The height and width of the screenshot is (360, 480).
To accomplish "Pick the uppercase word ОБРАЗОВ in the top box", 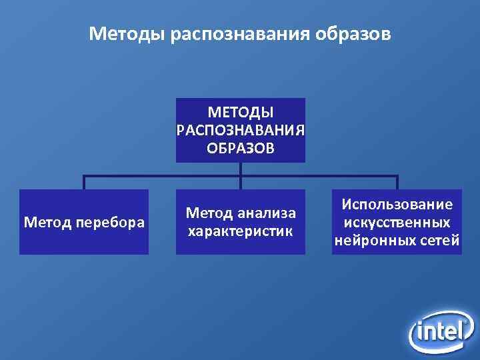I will [240, 147].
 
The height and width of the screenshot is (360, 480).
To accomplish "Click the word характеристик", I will [240, 231].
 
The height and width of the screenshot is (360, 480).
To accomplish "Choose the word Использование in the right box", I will [397, 204].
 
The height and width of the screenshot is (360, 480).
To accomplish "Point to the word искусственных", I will [397, 222].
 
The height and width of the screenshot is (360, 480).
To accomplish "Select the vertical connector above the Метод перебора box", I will [84, 183].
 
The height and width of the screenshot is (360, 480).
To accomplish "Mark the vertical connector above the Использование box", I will [397, 183].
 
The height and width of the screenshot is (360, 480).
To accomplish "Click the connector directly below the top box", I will [241, 169].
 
